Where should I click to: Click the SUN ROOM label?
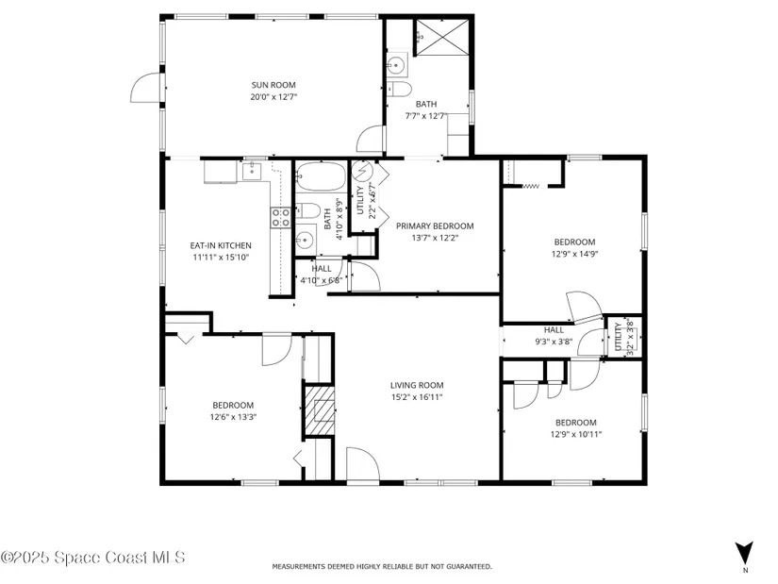(x=273, y=85)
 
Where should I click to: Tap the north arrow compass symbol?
(x=744, y=553)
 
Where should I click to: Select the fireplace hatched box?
(x=319, y=409)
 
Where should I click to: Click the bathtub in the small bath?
(x=321, y=176)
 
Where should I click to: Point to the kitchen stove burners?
(x=280, y=218)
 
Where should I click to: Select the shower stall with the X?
(x=441, y=37)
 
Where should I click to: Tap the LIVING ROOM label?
(x=417, y=385)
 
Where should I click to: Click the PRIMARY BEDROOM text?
(x=435, y=225)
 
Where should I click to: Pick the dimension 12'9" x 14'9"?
(x=574, y=254)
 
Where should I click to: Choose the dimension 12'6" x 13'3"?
(x=233, y=417)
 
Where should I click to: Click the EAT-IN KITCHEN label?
(x=221, y=245)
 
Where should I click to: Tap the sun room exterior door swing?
(x=146, y=88)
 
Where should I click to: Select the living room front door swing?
(x=363, y=464)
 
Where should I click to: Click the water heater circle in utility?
(x=362, y=171)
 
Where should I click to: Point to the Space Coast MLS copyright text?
(x=92, y=558)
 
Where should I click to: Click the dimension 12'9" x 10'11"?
(x=576, y=435)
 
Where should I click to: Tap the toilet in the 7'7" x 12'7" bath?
(x=400, y=90)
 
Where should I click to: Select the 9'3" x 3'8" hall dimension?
(x=554, y=342)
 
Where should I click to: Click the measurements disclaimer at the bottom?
(x=382, y=566)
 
